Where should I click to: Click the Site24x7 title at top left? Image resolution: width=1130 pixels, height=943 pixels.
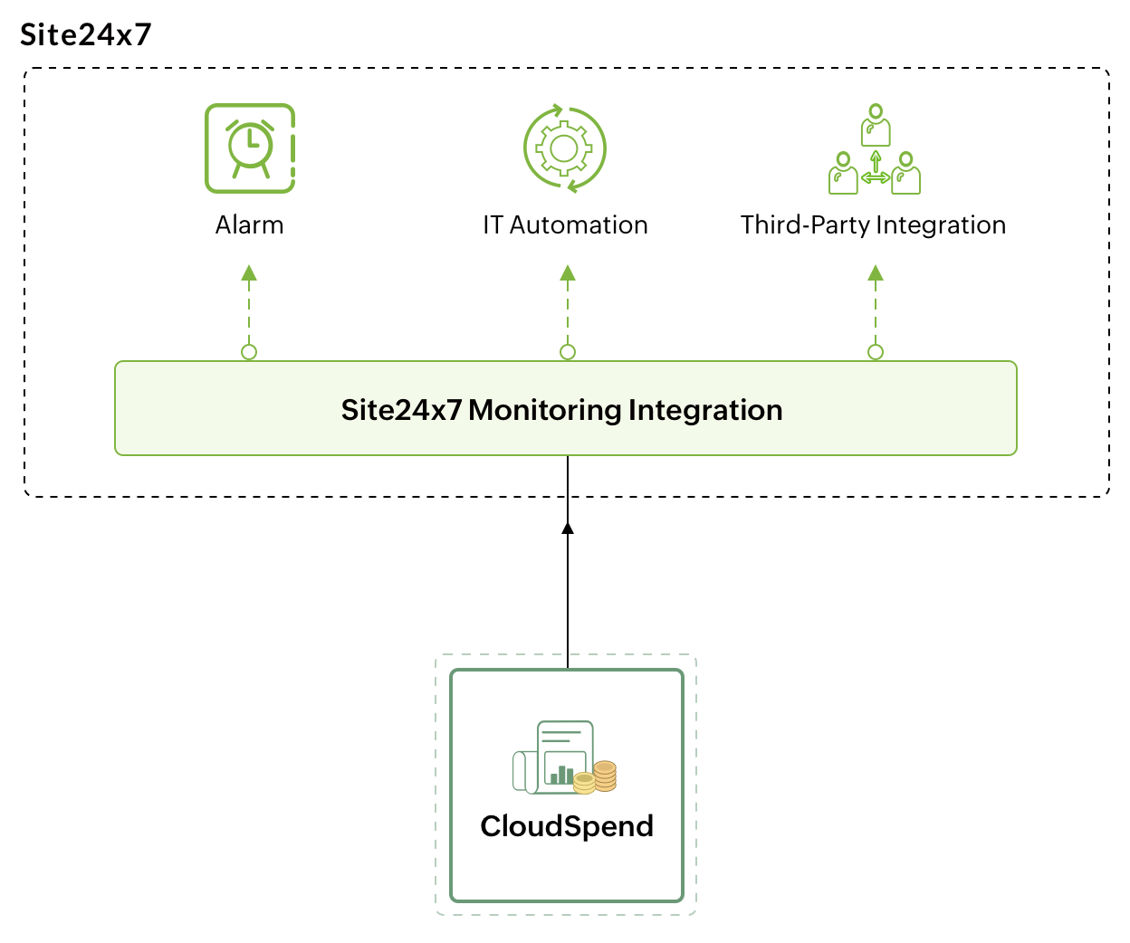[x=86, y=34]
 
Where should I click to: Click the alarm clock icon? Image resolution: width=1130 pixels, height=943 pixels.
[x=250, y=148]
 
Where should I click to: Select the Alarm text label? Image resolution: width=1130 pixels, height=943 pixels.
[x=249, y=224]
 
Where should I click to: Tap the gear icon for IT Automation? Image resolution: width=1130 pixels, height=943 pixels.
[x=565, y=148]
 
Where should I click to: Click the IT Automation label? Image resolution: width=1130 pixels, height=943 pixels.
[x=565, y=224]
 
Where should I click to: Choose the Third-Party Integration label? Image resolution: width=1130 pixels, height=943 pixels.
[x=873, y=224]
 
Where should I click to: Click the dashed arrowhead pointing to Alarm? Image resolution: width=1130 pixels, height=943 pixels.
[x=249, y=272]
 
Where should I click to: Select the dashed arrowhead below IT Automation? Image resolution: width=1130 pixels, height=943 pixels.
[x=568, y=272]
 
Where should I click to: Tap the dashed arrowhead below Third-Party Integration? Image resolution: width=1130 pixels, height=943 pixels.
[x=876, y=272]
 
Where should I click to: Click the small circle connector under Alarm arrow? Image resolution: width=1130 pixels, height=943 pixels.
[x=249, y=352]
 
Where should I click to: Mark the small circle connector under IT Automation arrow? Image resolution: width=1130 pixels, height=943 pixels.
[x=568, y=352]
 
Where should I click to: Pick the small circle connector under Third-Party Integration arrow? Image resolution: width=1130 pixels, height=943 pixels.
[x=876, y=352]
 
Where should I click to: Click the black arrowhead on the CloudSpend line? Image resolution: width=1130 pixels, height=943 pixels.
[x=568, y=528]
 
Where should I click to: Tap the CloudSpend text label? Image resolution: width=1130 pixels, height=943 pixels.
[x=567, y=826]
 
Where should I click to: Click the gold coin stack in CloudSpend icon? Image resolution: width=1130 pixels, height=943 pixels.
[x=599, y=777]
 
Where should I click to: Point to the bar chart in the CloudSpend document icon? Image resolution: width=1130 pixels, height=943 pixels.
[x=562, y=775]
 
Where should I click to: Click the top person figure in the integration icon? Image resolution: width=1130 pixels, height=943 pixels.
[x=876, y=125]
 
